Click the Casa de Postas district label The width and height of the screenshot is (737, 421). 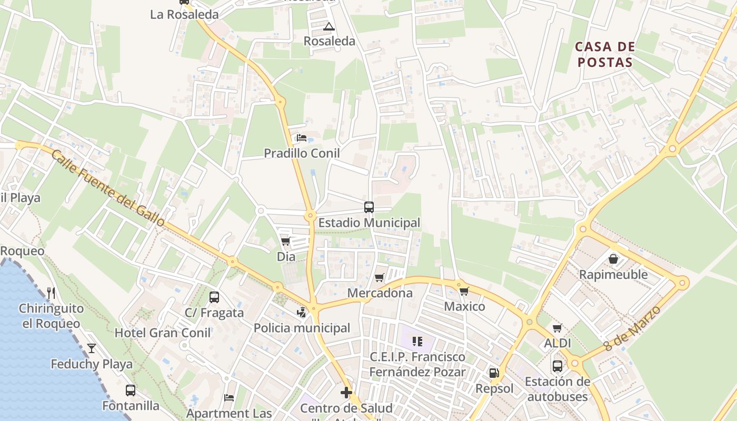coord(604,55)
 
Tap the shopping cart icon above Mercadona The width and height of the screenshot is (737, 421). coord(380,277)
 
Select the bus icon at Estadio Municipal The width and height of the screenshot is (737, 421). coord(369,207)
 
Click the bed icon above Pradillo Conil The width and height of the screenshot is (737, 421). coord(302,138)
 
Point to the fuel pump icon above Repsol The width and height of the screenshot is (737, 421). coord(494,373)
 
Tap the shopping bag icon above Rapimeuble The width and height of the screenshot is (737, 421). coord(613,259)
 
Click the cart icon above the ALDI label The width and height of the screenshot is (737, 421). coord(557,328)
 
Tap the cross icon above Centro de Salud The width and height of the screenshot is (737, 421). coord(346,393)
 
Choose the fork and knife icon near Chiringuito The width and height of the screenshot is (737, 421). coord(51,293)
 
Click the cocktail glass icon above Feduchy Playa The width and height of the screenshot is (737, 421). coord(92,348)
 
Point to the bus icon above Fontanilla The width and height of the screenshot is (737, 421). coord(131,390)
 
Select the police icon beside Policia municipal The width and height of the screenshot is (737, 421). coord(301,313)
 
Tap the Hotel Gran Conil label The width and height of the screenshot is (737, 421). coord(163,333)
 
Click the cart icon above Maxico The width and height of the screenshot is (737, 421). coord(464,291)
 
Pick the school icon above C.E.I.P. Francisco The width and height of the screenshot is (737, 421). coord(417,342)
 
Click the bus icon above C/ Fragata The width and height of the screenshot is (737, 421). coord(214,297)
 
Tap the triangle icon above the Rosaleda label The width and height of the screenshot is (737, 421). coord(329,26)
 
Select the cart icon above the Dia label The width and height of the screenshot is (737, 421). coord(286,241)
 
